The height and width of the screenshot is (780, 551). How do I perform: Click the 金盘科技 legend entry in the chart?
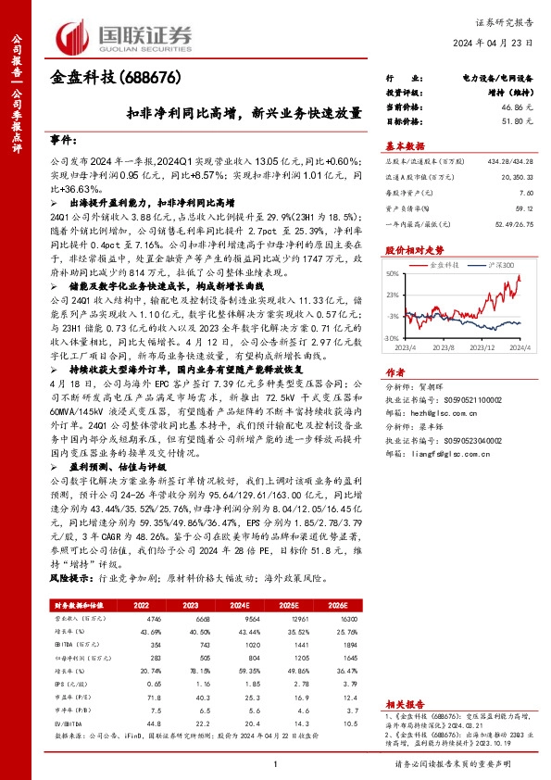pos(447,265)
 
